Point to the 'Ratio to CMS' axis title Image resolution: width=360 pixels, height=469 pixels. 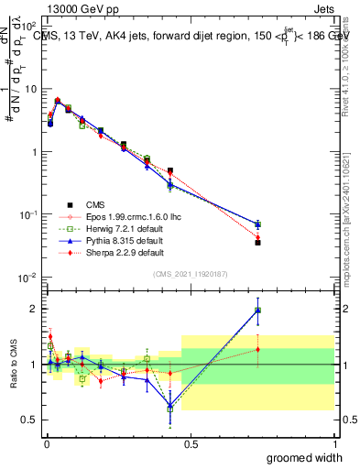tap(12, 365)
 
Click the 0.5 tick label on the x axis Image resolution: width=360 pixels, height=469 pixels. tap(191, 444)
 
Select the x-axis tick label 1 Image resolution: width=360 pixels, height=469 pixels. tap(334, 444)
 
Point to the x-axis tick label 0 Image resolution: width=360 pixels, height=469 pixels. tap(47, 444)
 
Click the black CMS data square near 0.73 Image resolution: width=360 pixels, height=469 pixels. tap(258, 243)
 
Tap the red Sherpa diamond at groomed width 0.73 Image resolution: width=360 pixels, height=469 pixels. tap(258, 237)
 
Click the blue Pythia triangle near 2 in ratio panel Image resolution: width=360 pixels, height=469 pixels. tap(258, 310)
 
